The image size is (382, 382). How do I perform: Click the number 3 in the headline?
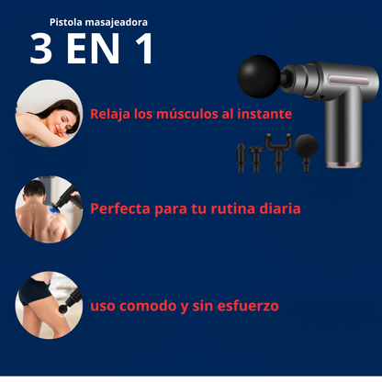click(x=41, y=50)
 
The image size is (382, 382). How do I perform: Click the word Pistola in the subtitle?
click(x=68, y=20)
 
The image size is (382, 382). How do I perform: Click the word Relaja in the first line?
click(x=111, y=115)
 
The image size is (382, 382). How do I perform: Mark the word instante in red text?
click(x=264, y=115)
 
